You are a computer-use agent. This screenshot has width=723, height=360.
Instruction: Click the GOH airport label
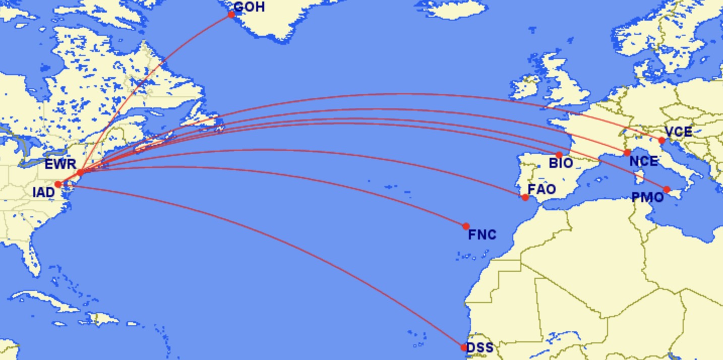click(249, 7)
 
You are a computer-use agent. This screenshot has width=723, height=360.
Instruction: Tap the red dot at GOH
click(231, 15)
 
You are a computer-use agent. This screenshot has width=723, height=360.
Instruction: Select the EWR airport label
click(60, 164)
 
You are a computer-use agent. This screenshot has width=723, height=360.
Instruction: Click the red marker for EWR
click(80, 173)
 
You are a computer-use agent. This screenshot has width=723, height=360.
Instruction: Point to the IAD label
click(43, 192)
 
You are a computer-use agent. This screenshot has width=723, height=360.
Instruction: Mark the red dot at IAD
click(58, 185)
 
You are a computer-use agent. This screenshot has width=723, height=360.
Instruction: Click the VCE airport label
click(678, 132)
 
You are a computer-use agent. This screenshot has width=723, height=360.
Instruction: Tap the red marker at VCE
click(662, 141)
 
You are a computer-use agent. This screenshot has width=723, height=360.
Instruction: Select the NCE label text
click(643, 161)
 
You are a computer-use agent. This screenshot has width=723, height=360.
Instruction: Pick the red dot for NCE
click(627, 153)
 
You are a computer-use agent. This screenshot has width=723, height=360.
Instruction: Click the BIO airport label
click(561, 163)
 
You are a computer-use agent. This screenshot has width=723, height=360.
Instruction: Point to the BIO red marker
click(559, 155)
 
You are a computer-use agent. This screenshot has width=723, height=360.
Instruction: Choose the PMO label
click(648, 197)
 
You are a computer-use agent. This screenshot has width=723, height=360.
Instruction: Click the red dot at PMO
click(667, 190)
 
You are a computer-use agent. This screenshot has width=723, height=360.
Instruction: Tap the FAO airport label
click(541, 189)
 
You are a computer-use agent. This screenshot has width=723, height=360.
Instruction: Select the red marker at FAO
click(525, 197)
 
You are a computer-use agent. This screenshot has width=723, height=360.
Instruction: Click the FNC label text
click(482, 234)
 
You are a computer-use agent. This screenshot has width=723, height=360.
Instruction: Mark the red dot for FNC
click(466, 226)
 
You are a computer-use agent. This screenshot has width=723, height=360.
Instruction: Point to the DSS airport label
click(479, 348)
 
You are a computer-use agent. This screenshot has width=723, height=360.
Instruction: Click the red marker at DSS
click(464, 347)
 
